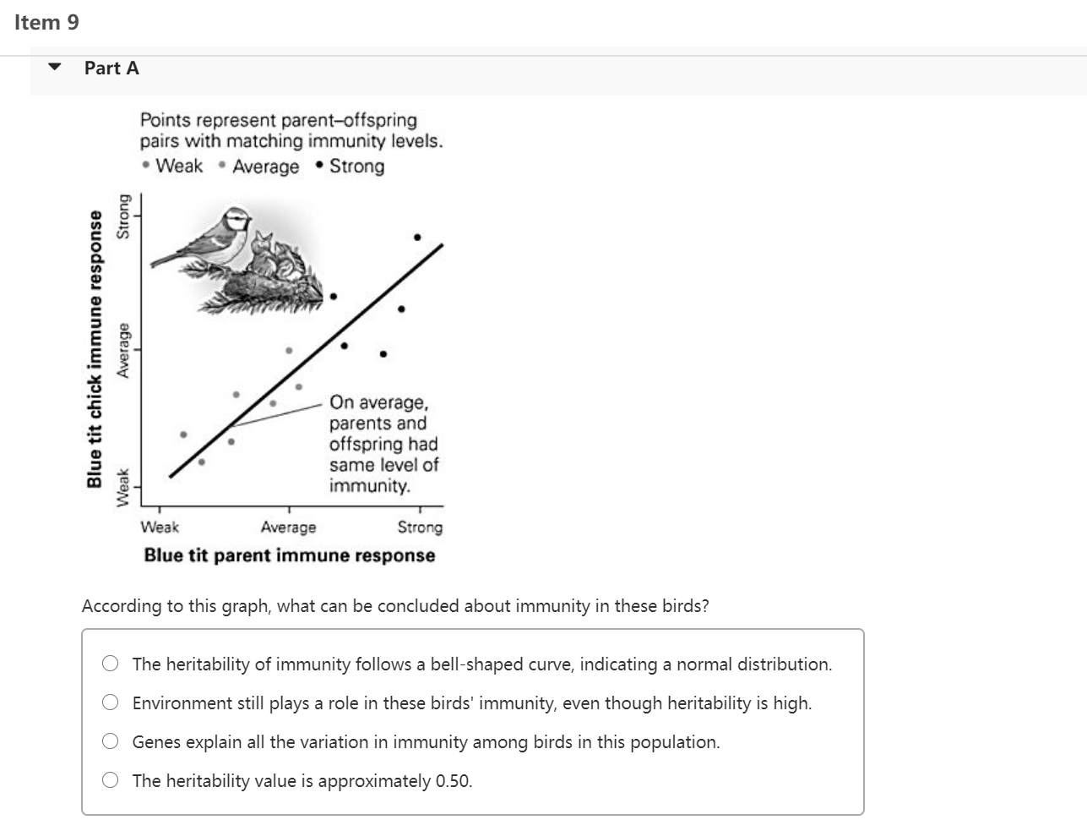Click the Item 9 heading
tap(46, 23)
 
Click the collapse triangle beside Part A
tap(55, 68)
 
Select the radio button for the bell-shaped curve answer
tap(111, 664)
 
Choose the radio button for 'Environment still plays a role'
tap(111, 702)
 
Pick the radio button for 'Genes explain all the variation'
tap(111, 741)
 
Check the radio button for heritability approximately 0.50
tap(111, 780)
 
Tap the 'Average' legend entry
tap(264, 167)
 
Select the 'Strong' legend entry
tap(356, 166)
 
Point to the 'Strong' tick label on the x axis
tap(420, 527)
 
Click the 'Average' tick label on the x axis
tap(288, 527)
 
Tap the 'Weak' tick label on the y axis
tap(124, 488)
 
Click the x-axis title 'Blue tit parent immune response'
tap(290, 555)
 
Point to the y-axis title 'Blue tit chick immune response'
tap(95, 350)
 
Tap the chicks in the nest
tap(279, 254)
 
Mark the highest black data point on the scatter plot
tap(417, 238)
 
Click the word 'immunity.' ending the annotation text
tap(370, 485)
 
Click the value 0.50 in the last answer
tap(454, 780)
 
